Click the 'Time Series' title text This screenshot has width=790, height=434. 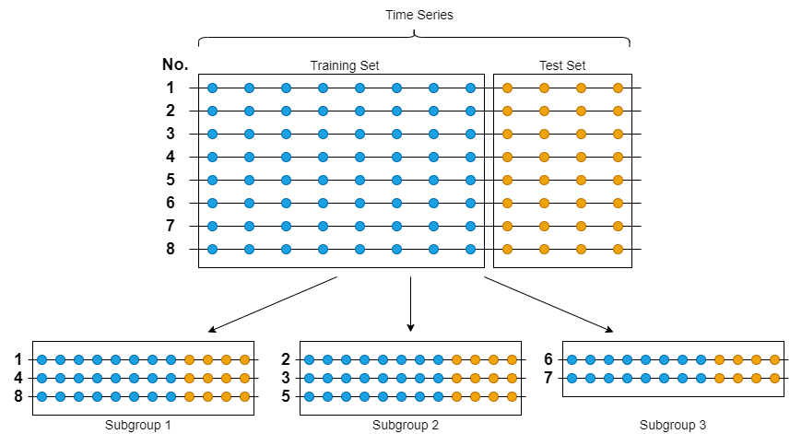coord(419,15)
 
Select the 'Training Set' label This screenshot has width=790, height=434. coord(345,65)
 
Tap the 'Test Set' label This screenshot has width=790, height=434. coord(562,65)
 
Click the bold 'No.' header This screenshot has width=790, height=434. coord(175,65)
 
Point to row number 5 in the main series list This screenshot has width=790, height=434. coord(171,180)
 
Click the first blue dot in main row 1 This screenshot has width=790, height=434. coord(213,88)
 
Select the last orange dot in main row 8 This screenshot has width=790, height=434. coord(619,249)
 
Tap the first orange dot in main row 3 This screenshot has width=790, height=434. coord(507,134)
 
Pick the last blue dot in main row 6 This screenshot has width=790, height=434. coord(470,203)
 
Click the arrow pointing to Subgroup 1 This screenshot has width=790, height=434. coord(273,305)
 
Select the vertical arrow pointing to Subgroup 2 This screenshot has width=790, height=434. coord(410,304)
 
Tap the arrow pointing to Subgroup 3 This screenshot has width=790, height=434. coord(548,305)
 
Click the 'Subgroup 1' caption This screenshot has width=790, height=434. coord(138,425)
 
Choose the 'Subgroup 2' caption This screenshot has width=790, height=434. coord(406,425)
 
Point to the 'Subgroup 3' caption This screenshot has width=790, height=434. coord(673,425)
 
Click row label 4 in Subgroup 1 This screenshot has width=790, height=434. coord(18,378)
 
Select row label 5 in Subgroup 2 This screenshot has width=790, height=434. coord(286,396)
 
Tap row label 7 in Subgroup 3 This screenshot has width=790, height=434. coord(548,378)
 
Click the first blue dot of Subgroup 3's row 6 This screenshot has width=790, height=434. coord(572,359)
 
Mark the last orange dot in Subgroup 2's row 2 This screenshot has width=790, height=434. coord(512,359)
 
